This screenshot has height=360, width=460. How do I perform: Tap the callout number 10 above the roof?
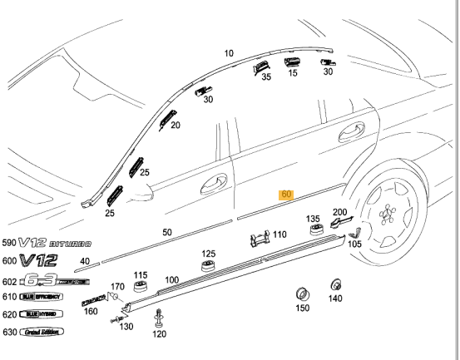click(229, 53)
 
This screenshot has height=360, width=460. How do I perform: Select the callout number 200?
click(340, 212)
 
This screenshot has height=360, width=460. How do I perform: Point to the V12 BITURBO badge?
click(56, 244)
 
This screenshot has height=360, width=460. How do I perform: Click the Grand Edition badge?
click(42, 332)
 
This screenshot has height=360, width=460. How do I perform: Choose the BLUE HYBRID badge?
click(42, 314)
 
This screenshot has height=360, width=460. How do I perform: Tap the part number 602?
click(8, 280)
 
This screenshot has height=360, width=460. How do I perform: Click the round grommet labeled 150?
click(303, 293)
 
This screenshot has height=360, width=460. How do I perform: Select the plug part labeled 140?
click(336, 283)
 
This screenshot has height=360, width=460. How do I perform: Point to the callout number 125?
click(208, 254)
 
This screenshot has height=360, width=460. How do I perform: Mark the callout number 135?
click(313, 219)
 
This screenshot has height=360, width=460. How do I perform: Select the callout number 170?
click(117, 286)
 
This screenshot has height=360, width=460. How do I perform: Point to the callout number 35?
click(266, 76)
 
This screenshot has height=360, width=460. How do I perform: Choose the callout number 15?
click(292, 72)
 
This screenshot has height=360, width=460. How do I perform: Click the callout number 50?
click(167, 232)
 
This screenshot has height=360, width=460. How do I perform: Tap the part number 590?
click(8, 244)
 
